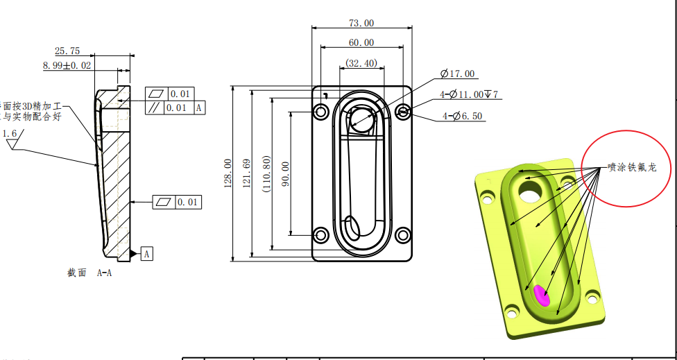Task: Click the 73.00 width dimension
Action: point(361,23)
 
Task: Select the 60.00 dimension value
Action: point(361,42)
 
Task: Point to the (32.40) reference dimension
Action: point(361,63)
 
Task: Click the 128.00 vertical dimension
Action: point(228,173)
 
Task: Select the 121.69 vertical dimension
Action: point(246,173)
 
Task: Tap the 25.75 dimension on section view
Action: point(67,51)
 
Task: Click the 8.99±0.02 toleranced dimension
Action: point(67,65)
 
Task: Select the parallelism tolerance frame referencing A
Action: point(176,108)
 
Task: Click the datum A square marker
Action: point(147,254)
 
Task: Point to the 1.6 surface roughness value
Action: point(10,133)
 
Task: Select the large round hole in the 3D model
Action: point(531,191)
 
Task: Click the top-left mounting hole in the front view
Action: point(321,112)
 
